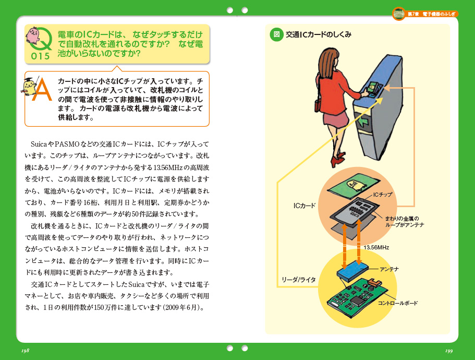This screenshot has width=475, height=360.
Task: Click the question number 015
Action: point(40,56)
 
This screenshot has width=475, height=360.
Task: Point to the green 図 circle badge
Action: point(276,34)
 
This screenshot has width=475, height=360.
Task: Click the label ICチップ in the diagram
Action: point(383,195)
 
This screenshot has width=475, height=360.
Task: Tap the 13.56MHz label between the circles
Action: point(376,248)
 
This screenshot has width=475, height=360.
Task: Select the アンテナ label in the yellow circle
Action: point(389,269)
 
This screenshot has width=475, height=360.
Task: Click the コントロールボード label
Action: point(398,303)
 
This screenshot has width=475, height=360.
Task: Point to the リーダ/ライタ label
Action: point(299,280)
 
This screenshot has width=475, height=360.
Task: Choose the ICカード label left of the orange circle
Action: point(305,206)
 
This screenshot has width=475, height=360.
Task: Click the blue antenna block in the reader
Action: point(352,270)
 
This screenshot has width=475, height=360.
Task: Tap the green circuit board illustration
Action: point(357,297)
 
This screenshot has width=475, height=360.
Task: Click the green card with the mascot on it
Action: point(354,185)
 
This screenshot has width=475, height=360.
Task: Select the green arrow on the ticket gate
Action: point(363,122)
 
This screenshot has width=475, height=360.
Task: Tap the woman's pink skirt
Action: point(336,118)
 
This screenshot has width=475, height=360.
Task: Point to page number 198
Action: point(26,351)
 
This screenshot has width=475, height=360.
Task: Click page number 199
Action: point(449,351)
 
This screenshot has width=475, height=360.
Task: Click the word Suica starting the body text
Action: point(39,144)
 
